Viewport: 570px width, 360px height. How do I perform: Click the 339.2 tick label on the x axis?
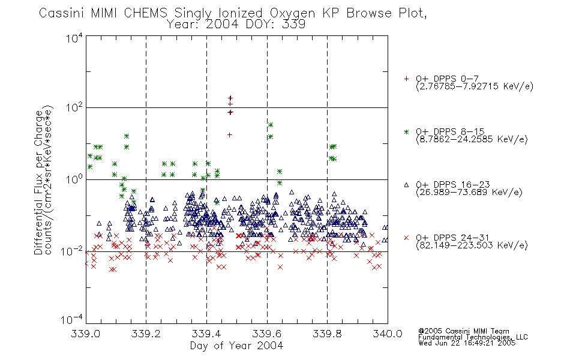(146, 334)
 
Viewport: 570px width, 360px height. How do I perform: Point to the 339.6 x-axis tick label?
(267, 334)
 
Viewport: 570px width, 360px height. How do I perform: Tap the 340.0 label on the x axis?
(388, 334)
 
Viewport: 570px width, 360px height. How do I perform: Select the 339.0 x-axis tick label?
(85, 334)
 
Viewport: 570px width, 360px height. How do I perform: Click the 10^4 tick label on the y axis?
(74, 38)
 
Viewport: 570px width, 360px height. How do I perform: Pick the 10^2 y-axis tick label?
(74, 107)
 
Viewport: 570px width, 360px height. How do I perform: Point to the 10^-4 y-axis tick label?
(72, 319)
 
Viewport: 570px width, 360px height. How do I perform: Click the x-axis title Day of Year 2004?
(236, 346)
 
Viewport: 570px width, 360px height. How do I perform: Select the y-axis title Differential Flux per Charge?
(38, 183)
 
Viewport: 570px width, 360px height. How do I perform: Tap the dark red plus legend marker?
(406, 79)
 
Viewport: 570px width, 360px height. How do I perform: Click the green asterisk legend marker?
(406, 131)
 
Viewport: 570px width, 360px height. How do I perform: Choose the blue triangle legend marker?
(406, 185)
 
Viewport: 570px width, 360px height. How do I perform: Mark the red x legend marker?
(406, 238)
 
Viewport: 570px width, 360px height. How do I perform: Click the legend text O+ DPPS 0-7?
(447, 79)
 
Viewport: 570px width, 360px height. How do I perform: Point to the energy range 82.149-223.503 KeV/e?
(472, 245)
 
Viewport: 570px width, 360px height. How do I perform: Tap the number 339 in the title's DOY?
(295, 25)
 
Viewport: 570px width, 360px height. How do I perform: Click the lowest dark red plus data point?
(230, 135)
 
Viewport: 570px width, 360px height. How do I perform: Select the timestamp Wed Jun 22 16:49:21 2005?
(467, 343)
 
